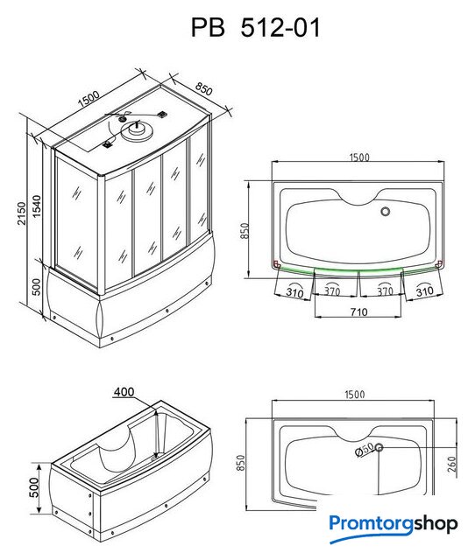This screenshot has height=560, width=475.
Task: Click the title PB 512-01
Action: [255, 28]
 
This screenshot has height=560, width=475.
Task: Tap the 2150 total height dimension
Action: [22, 213]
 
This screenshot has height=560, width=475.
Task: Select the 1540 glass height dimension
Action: [37, 206]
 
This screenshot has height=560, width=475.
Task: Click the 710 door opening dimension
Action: [358, 312]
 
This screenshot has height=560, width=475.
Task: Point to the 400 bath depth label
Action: [124, 392]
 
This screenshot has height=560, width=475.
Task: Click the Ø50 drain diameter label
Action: [365, 449]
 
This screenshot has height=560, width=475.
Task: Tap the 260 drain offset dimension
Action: [452, 465]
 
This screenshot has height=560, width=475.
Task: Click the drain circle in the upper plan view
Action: [386, 212]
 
